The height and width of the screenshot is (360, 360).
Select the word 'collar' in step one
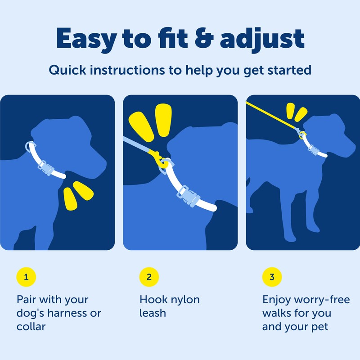tap(31, 327)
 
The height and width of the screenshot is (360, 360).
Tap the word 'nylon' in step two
tap(182, 300)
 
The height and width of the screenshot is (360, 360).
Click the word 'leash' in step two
tap(153, 313)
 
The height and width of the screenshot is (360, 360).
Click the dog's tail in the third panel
tap(248, 182)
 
